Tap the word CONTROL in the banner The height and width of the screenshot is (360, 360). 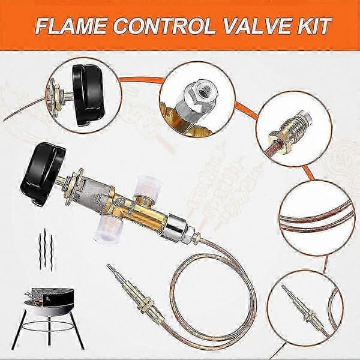(x=164, y=26)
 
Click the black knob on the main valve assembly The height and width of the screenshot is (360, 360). (x=43, y=173)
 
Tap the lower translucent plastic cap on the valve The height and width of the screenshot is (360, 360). (x=108, y=227)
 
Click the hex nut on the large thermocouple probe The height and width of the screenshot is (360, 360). (x=146, y=304)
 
